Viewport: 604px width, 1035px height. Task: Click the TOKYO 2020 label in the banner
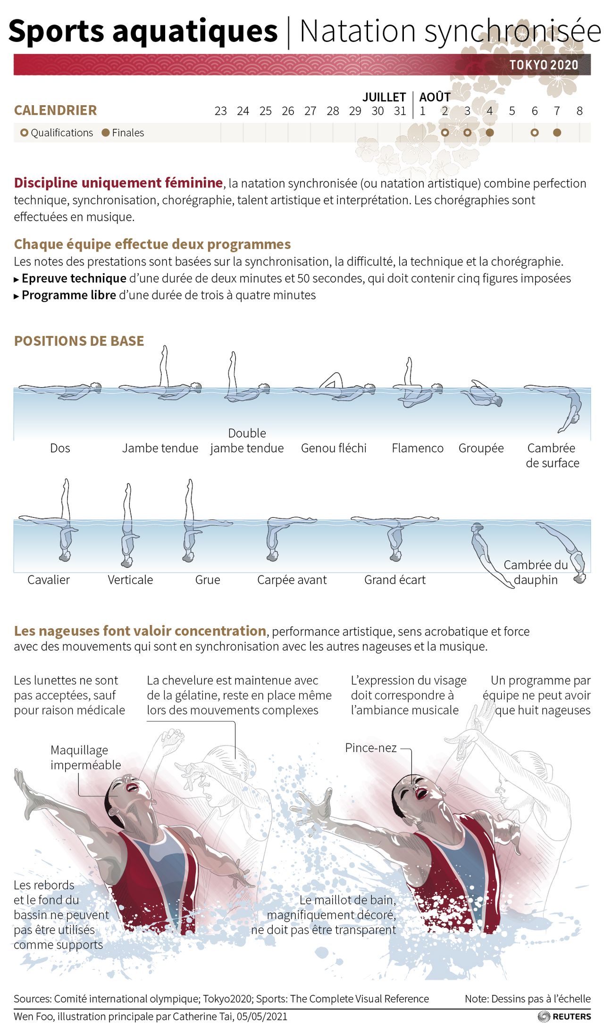tap(544, 65)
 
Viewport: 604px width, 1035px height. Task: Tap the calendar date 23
tap(220, 111)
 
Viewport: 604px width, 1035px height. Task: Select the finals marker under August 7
tap(557, 133)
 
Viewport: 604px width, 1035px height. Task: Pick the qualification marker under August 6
tap(534, 133)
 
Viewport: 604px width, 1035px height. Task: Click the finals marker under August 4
tap(490, 133)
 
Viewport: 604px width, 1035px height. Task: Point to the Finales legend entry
tap(123, 133)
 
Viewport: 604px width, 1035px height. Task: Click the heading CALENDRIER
tap(55, 110)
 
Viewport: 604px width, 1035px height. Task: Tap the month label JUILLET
tap(384, 97)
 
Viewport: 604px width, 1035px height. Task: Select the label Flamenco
tap(418, 448)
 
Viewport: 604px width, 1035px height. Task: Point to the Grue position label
tap(208, 580)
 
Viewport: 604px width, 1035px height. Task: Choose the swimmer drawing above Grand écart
tap(395, 538)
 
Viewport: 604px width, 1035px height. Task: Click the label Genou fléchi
tap(334, 448)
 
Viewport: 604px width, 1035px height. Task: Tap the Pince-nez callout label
tap(371, 748)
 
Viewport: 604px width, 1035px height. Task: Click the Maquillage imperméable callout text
tap(86, 757)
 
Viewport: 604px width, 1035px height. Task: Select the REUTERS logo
tap(564, 1017)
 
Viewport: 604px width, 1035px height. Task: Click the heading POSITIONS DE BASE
tap(79, 341)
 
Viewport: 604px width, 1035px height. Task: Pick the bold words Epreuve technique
tap(74, 278)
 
